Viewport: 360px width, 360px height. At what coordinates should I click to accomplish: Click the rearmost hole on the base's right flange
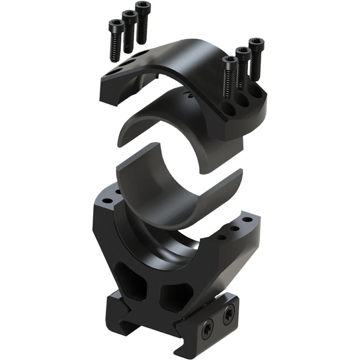pyautogui.click(x=247, y=219)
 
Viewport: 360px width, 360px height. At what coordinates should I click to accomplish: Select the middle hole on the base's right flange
pyautogui.click(x=235, y=229)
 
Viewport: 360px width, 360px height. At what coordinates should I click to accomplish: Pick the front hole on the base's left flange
pyautogui.click(x=107, y=200)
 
